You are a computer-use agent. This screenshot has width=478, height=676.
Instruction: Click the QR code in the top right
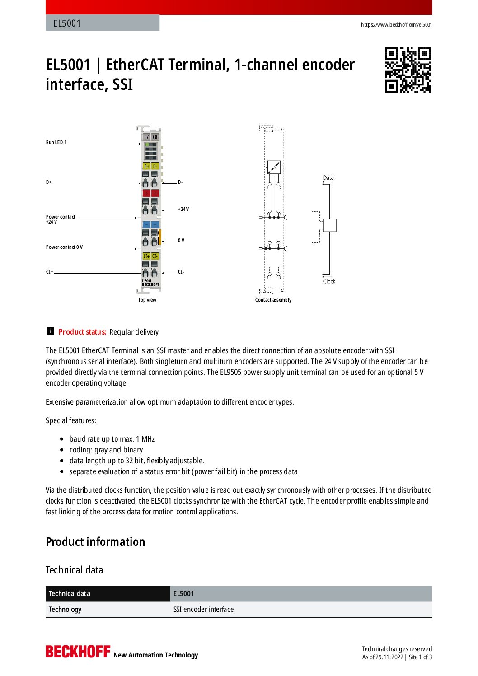click(x=408, y=70)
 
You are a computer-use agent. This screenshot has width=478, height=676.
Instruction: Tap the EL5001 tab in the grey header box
click(x=67, y=23)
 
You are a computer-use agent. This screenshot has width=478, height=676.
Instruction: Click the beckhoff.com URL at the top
click(x=396, y=25)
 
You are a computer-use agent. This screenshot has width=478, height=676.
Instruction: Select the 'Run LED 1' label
click(x=56, y=142)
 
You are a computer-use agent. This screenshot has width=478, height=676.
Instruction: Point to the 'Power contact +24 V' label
click(x=61, y=219)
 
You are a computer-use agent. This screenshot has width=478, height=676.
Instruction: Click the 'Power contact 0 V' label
click(x=64, y=247)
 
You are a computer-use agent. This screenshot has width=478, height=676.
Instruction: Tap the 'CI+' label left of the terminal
click(x=49, y=272)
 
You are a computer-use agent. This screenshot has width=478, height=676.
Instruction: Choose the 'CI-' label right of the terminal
click(x=181, y=272)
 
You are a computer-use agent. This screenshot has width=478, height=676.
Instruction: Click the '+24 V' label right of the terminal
click(x=183, y=209)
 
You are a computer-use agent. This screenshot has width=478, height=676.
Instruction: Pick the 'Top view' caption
click(x=147, y=300)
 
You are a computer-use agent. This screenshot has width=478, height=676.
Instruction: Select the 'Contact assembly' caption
click(x=273, y=300)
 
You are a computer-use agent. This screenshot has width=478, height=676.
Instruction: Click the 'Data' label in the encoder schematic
click(x=328, y=177)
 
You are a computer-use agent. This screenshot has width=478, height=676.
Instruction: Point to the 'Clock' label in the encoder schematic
click(x=329, y=281)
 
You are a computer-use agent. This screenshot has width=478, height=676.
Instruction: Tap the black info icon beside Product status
click(x=50, y=331)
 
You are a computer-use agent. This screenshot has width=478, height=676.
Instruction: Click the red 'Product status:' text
click(x=82, y=332)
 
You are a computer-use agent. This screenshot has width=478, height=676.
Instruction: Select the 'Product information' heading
click(x=95, y=542)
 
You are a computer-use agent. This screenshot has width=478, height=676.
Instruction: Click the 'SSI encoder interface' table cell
click(x=203, y=610)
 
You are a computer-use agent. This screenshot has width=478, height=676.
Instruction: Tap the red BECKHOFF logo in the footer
click(x=78, y=652)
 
